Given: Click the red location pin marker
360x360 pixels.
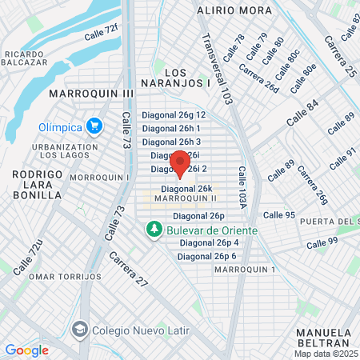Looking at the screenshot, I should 180,163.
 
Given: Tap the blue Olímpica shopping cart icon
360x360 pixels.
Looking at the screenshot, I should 94,126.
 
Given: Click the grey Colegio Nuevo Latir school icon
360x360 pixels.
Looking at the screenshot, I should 80,329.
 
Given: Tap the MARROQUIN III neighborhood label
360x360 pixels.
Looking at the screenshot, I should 91,94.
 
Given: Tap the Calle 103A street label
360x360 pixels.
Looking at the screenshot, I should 241,191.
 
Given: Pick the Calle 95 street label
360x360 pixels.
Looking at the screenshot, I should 279,215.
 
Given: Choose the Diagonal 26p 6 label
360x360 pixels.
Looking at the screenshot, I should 206,256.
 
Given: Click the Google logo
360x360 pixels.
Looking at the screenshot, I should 26,350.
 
